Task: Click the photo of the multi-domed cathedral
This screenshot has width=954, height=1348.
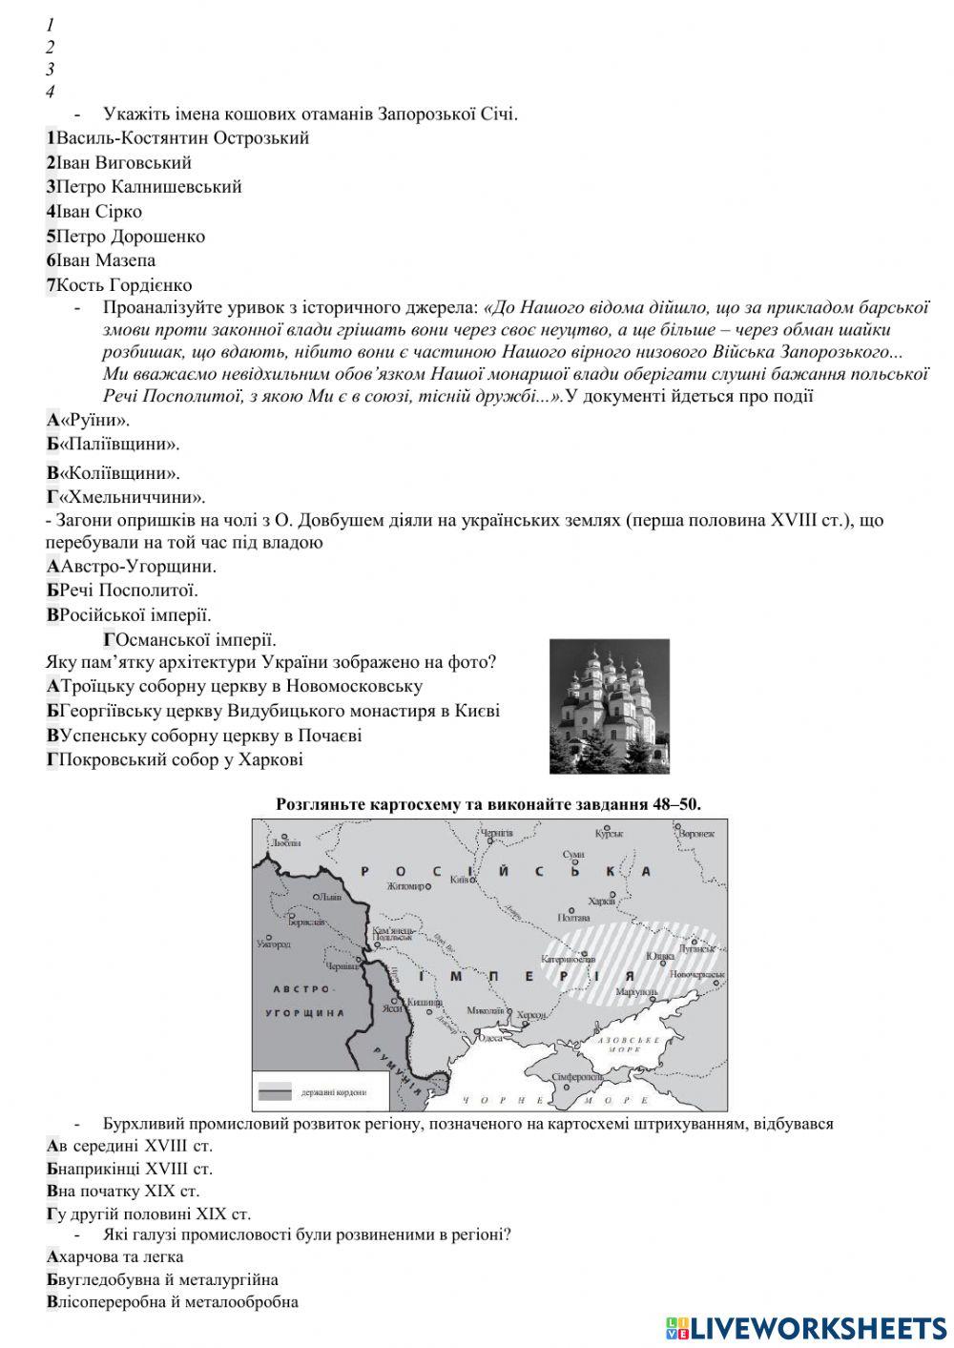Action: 609,706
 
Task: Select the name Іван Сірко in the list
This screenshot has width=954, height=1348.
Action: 94,212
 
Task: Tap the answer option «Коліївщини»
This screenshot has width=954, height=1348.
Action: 114,473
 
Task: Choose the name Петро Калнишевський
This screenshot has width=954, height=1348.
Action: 144,187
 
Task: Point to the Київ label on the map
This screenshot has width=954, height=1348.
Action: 460,880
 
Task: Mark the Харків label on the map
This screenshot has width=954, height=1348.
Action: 602,901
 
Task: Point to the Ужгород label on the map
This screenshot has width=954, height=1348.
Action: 274,944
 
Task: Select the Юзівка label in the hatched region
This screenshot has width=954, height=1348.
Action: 660,955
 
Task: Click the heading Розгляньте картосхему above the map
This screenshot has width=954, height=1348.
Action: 488,804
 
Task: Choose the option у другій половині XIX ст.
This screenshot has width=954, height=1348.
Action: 149,1214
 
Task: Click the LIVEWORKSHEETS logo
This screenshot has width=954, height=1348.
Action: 806,1327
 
